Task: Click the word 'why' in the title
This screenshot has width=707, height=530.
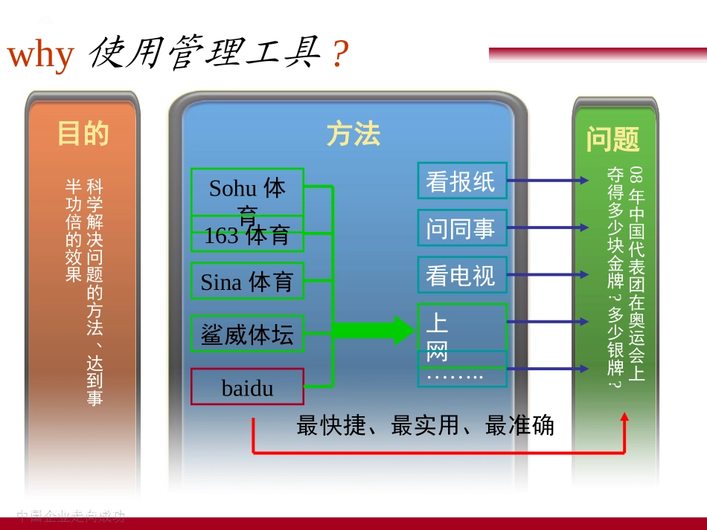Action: [41, 55]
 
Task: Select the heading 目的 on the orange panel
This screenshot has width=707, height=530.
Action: [83, 134]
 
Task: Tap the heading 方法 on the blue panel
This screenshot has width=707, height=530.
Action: [353, 134]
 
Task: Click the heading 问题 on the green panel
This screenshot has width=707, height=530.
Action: [612, 139]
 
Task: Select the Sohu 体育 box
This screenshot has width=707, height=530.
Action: [247, 191]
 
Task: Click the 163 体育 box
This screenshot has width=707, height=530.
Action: [247, 236]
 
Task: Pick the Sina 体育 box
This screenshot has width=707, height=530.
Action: [247, 281]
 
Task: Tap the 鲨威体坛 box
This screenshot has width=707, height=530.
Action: [247, 333]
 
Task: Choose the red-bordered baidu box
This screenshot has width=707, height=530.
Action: [247, 387]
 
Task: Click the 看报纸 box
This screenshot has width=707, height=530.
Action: [461, 181]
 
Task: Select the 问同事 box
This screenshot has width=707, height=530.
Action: [461, 227]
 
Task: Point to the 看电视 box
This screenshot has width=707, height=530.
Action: [461, 275]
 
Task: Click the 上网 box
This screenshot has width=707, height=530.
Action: [461, 326]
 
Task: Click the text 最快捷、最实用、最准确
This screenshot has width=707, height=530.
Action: [425, 426]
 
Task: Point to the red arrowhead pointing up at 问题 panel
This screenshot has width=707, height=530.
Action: [624, 418]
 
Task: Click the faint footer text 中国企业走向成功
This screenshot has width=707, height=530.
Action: [71, 515]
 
